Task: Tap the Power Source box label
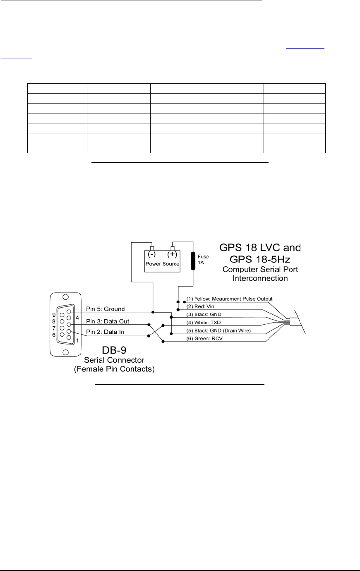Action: (162, 264)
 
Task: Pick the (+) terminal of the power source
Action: (172, 253)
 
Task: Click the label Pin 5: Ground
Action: (106, 309)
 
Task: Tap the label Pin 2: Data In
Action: (105, 332)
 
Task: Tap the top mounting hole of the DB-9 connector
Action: (65, 297)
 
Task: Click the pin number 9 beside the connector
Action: (54, 314)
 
